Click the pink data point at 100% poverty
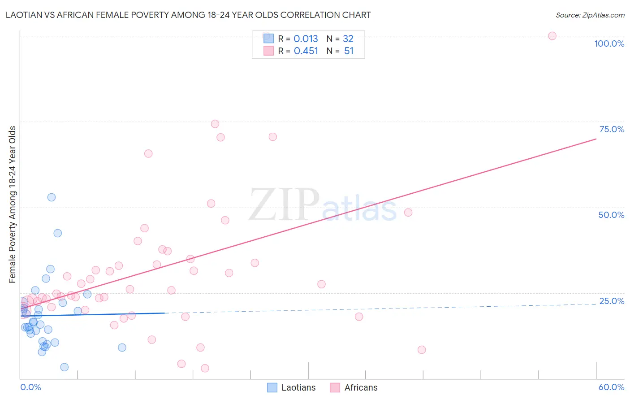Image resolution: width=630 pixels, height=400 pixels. click(552, 36)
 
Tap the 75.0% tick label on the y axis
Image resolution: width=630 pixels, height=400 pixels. click(612, 129)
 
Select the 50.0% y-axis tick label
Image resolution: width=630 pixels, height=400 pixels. click(611, 215)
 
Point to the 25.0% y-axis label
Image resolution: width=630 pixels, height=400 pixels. click(612, 301)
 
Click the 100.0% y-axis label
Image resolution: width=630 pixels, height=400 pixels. click(609, 43)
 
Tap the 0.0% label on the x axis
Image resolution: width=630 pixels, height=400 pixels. click(30, 387)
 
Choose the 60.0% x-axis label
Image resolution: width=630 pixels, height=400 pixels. click(611, 387)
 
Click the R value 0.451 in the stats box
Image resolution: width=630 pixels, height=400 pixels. click(306, 51)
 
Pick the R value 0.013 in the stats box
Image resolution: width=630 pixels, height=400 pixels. click(306, 39)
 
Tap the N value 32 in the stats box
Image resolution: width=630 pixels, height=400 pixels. click(348, 39)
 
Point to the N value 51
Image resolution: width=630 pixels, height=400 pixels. click(349, 51)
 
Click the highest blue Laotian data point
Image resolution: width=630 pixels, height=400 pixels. click(52, 197)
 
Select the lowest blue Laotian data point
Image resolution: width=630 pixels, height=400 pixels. click(65, 367)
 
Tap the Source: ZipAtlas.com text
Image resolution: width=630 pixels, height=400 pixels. click(590, 15)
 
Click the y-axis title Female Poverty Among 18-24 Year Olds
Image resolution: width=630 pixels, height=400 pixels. click(13, 204)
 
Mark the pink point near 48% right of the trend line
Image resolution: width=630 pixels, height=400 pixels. click(408, 213)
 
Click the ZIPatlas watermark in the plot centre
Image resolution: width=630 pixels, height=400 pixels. click(323, 206)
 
